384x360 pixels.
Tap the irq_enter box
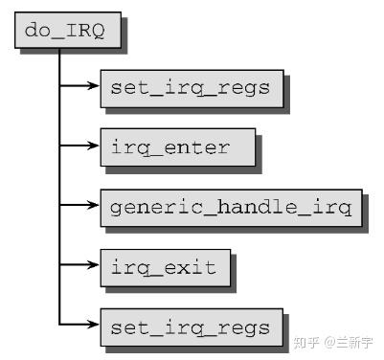tap(177, 148)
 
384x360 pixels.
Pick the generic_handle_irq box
tap(230, 207)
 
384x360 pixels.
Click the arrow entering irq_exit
tap(80, 264)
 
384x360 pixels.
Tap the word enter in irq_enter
tap(198, 148)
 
